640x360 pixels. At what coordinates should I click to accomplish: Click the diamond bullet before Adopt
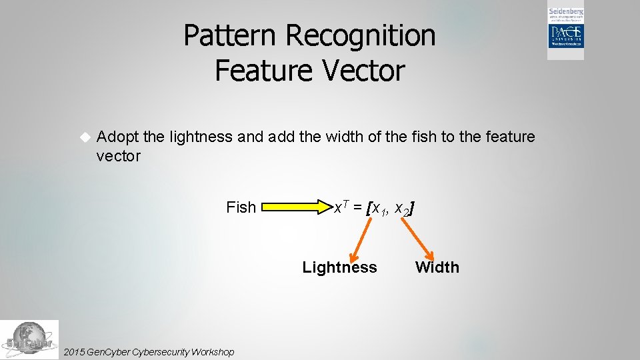click(x=84, y=137)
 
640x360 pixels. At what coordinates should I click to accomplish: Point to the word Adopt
click(x=117, y=137)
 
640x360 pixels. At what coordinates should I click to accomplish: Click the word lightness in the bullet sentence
click(x=201, y=137)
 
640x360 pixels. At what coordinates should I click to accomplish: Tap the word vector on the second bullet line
click(x=118, y=156)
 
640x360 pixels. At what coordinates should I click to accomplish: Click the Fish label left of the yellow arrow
click(x=241, y=207)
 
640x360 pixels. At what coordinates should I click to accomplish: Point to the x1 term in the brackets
click(x=379, y=209)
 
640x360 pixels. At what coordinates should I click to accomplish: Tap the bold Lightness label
click(x=339, y=267)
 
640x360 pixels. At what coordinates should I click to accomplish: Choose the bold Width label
click(x=437, y=267)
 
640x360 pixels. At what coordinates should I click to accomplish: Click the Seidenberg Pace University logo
click(x=565, y=32)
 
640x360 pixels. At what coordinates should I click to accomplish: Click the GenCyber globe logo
click(x=29, y=339)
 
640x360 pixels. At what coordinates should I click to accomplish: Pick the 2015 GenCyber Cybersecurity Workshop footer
click(x=148, y=351)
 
